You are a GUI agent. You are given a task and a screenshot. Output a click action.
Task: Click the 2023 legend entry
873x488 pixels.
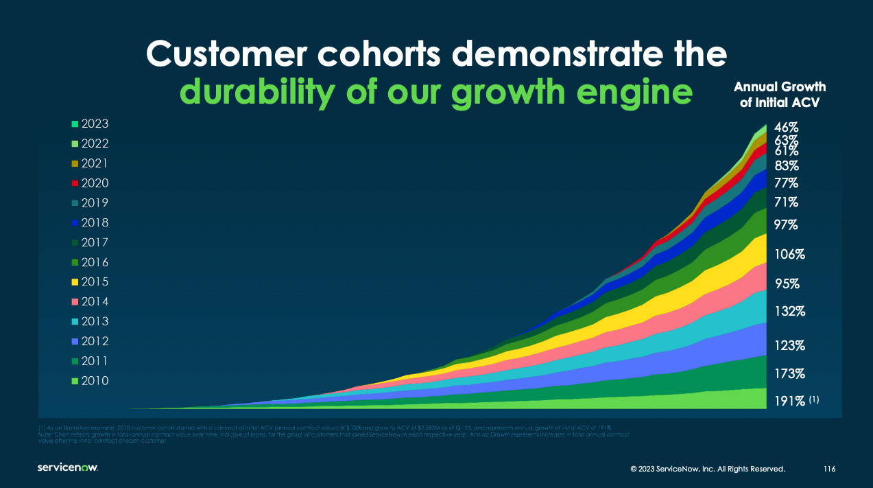(90, 124)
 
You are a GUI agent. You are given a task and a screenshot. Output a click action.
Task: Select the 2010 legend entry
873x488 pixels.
(90, 381)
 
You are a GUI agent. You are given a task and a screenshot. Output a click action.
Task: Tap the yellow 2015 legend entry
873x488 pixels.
(90, 282)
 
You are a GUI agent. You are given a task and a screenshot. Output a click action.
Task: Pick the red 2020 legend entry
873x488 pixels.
(90, 183)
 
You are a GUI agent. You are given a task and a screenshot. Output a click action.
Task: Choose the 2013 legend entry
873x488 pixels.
(90, 322)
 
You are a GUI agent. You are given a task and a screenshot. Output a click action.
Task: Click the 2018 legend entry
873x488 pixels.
(90, 223)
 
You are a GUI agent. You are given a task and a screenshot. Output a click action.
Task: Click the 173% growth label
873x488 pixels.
(789, 374)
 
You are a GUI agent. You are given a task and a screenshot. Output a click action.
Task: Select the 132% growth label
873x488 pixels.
(789, 311)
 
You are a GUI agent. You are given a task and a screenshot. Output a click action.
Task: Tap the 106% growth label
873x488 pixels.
(789, 254)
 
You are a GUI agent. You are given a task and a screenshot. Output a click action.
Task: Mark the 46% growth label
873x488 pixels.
(786, 128)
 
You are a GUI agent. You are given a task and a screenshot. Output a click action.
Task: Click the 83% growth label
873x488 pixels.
(786, 165)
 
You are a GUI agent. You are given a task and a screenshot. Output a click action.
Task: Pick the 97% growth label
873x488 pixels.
(786, 225)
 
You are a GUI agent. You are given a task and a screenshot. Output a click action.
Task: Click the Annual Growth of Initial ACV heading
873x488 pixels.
(780, 95)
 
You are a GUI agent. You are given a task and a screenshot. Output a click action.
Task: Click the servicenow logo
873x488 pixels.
(68, 467)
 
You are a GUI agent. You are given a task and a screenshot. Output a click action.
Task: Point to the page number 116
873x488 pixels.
(829, 469)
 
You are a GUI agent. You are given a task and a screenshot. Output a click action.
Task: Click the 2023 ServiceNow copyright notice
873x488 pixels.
(707, 469)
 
